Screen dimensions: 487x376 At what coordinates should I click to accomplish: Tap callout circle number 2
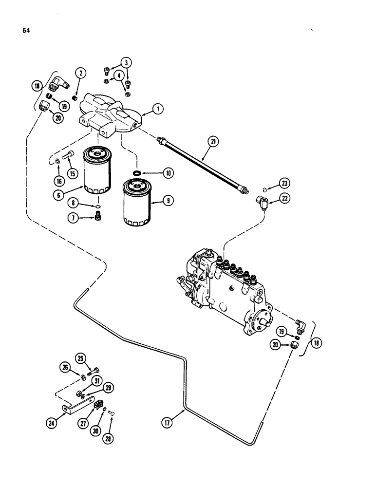(81, 74)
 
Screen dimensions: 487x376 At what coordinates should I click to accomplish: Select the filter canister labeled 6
(98, 170)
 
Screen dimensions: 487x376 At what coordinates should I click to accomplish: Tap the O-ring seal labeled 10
(137, 172)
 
